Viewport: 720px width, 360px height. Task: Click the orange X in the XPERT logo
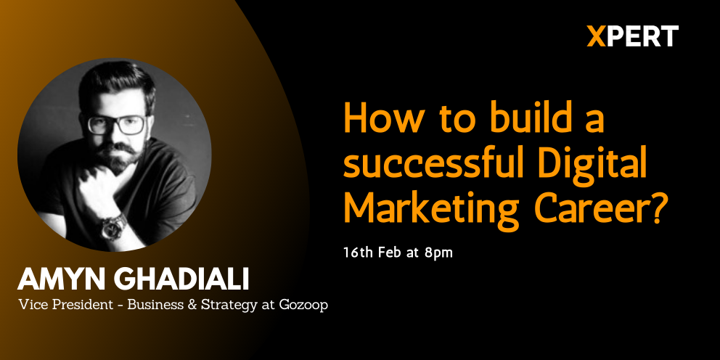point(596,36)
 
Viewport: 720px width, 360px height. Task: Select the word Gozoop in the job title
point(303,306)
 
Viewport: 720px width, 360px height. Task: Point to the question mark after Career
point(658,208)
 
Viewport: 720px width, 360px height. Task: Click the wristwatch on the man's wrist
point(114,226)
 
